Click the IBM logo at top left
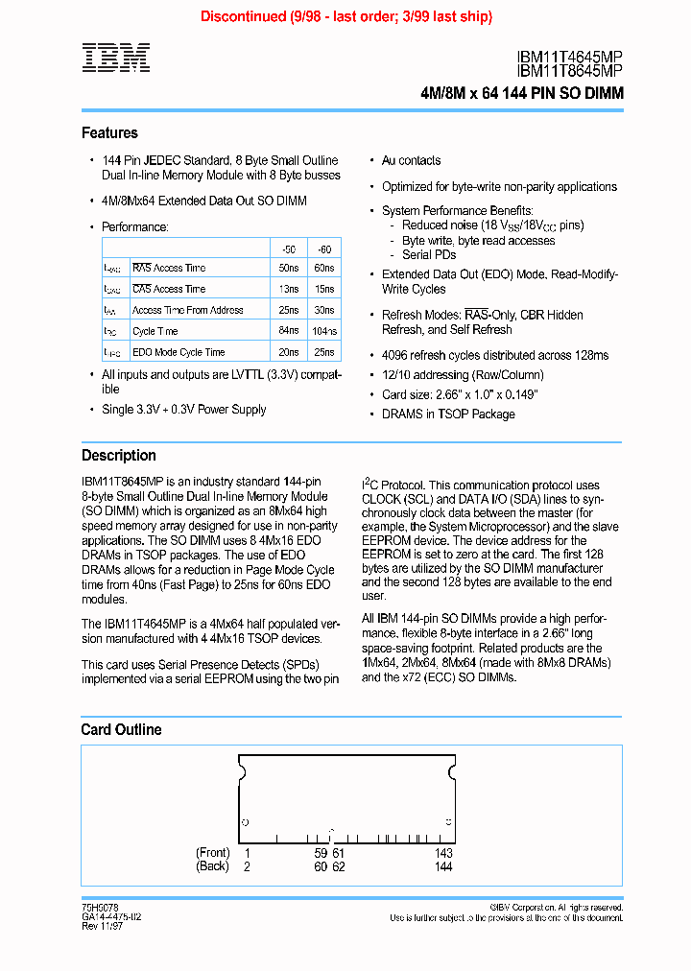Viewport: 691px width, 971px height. [115, 59]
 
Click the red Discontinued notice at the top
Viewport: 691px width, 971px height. [345, 16]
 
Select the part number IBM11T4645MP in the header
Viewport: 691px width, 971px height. [569, 58]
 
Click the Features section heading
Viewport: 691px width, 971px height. [109, 133]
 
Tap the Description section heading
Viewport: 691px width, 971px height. [118, 456]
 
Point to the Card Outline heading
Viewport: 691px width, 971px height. [121, 730]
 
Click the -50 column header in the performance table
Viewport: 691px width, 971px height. [287, 247]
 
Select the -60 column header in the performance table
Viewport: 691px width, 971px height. [324, 247]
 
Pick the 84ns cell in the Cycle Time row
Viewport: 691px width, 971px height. [287, 331]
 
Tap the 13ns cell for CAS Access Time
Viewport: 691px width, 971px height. [287, 289]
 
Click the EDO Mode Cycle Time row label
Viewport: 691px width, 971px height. [179, 352]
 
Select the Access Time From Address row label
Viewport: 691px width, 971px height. [187, 310]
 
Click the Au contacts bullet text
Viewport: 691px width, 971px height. [411, 160]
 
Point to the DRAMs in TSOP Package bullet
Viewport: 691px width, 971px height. [448, 414]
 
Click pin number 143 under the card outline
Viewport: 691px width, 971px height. [443, 853]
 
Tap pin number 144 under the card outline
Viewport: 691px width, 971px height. [443, 866]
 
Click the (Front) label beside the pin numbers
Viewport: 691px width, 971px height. [213, 853]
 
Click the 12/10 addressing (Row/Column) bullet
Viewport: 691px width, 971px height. [463, 375]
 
